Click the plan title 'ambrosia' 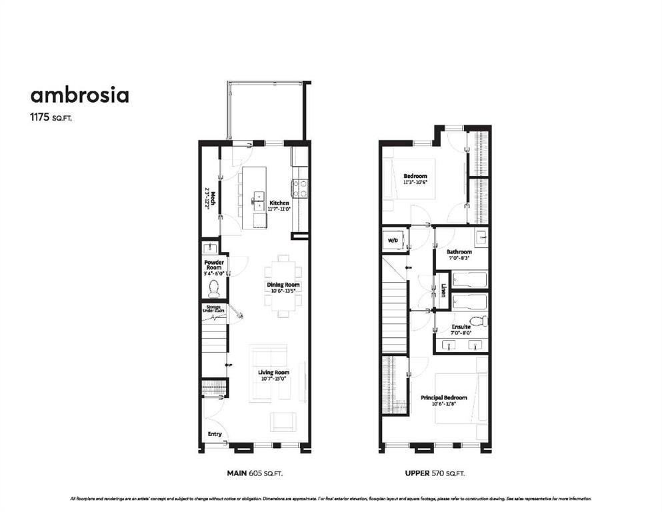(79, 95)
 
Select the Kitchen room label (279, 203)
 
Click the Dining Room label (283, 285)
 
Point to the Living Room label (273, 373)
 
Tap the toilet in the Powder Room (213, 287)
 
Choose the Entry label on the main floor (215, 434)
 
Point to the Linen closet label (443, 291)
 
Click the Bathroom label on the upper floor (459, 252)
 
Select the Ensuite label (461, 327)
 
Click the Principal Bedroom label (443, 398)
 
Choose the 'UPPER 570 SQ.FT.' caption (435, 473)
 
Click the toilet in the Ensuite (479, 321)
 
